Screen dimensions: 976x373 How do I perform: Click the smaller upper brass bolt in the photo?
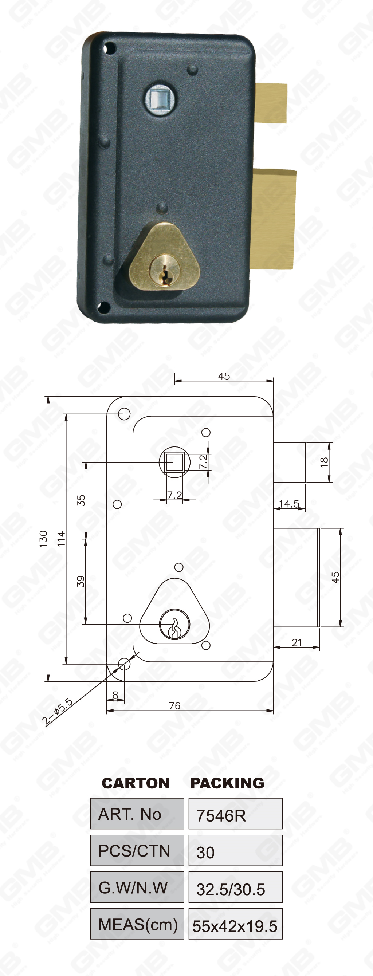coord(271,103)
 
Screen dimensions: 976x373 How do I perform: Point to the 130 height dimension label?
coord(43,539)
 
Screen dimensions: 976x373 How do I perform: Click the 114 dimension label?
coord(61,539)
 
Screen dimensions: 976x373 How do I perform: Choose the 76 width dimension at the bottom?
coord(175,705)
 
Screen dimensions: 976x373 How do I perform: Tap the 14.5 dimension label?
coord(289,504)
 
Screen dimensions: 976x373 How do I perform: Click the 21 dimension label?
coord(297,642)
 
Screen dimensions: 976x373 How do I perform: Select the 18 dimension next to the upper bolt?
coord(324,462)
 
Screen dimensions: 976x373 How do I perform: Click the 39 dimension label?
coord(81,581)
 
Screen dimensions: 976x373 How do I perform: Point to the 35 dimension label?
coord(81,500)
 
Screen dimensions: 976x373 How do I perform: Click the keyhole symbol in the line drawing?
coord(174,625)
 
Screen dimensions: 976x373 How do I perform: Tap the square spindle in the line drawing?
coord(175,462)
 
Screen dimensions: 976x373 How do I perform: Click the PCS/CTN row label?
coord(134,851)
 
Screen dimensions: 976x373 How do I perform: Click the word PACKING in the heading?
coord(227,783)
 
